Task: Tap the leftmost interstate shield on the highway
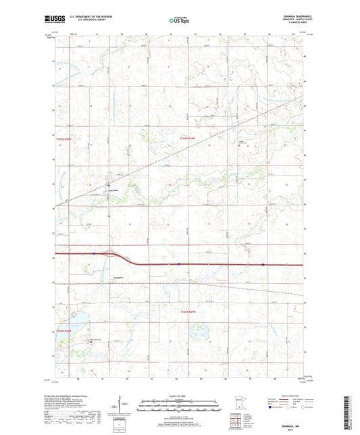point(95,254)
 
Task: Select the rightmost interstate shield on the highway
point(263,265)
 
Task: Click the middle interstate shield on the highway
point(178,264)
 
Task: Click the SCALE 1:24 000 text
point(179,396)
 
